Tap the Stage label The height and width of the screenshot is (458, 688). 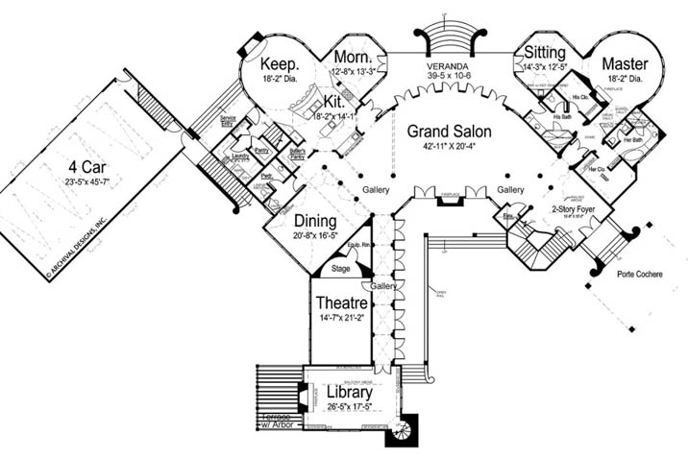click(341, 269)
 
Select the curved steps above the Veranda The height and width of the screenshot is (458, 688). click(449, 37)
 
